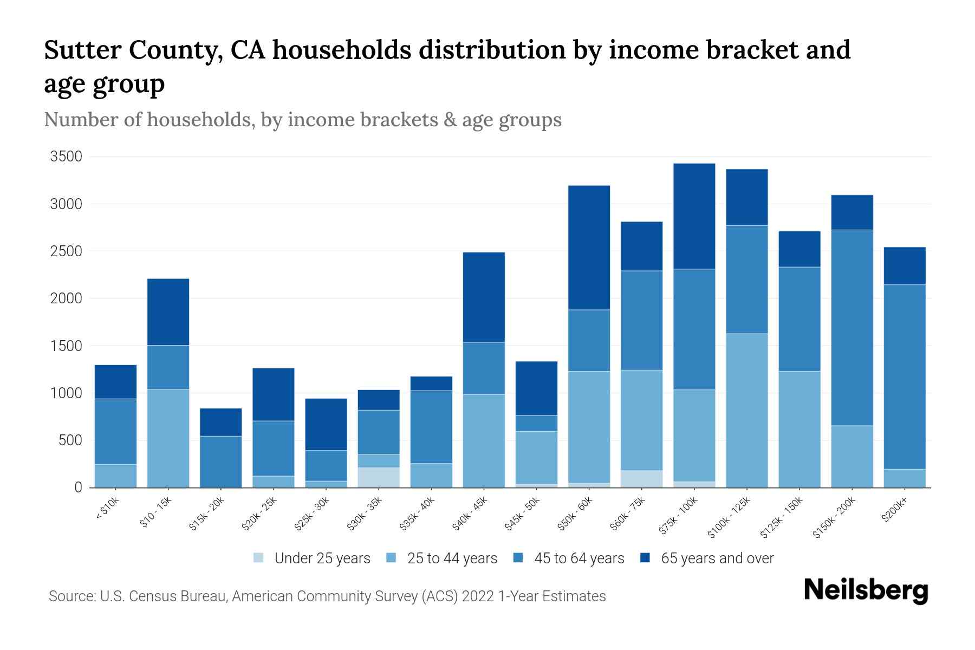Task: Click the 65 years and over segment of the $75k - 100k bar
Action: [x=694, y=216]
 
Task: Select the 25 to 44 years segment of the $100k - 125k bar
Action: [x=746, y=410]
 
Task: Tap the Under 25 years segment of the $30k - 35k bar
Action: [x=379, y=477]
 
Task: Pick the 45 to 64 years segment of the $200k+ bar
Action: [x=905, y=376]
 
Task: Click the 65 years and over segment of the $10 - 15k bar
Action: [x=168, y=312]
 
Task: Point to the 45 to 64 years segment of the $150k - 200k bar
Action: [x=851, y=328]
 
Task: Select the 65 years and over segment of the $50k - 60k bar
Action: [x=589, y=248]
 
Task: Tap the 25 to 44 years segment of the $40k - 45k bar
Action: [x=484, y=440]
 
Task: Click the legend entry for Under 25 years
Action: [x=322, y=558]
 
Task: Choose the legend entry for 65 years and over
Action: [x=717, y=558]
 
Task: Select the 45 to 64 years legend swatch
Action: [x=518, y=558]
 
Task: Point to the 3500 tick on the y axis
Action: [x=66, y=157]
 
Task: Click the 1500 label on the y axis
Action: [x=66, y=346]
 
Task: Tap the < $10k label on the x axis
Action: [x=107, y=510]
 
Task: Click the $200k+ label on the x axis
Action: [x=894, y=510]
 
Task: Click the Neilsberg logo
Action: [x=866, y=590]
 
